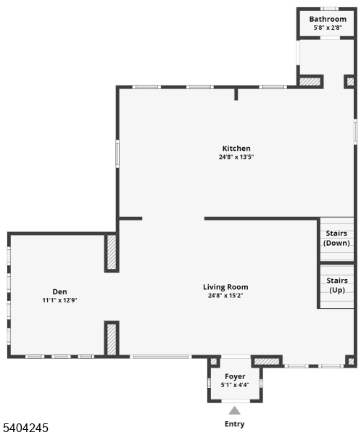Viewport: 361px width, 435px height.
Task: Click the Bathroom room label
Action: pyautogui.click(x=328, y=19)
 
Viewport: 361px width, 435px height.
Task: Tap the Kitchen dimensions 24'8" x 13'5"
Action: pyautogui.click(x=236, y=157)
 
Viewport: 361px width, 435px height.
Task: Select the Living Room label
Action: pyautogui.click(x=225, y=287)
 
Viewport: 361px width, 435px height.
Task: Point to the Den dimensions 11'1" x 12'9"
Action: pyautogui.click(x=59, y=300)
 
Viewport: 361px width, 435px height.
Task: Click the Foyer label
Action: pyautogui.click(x=235, y=376)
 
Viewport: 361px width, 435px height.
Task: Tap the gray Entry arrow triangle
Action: pyautogui.click(x=234, y=410)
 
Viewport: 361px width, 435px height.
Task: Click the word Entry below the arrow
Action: pyautogui.click(x=234, y=424)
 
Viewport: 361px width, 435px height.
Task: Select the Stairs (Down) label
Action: pyautogui.click(x=336, y=238)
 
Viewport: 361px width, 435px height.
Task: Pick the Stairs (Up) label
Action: pyautogui.click(x=337, y=285)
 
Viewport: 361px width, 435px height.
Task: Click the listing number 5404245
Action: pyautogui.click(x=25, y=428)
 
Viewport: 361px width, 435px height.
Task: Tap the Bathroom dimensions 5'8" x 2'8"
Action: pyautogui.click(x=328, y=28)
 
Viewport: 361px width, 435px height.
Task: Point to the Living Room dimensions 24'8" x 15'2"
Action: pyautogui.click(x=225, y=296)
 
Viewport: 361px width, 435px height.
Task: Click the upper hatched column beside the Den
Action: pyautogui.click(x=112, y=252)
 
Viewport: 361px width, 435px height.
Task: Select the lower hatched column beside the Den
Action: pyautogui.click(x=112, y=339)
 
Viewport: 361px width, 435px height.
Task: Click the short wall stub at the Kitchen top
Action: pyautogui.click(x=236, y=94)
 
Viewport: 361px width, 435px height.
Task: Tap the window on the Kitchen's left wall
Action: pyautogui.click(x=117, y=154)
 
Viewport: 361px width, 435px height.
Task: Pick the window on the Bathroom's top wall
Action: pyautogui.click(x=329, y=9)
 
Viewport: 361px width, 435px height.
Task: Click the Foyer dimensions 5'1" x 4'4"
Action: pyautogui.click(x=235, y=385)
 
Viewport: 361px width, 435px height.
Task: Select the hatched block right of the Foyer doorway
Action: pyautogui.click(x=267, y=361)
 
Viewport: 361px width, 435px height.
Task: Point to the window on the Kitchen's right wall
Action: pyautogui.click(x=355, y=131)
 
